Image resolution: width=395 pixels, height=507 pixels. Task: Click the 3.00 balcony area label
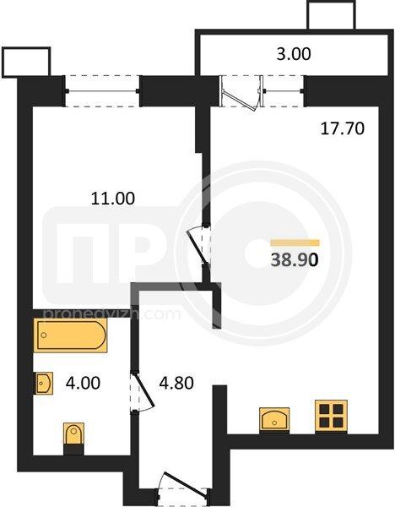pos(294,54)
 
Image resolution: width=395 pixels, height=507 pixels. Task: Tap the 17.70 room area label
pos(343,128)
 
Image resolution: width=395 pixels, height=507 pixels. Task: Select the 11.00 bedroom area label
pos(113,199)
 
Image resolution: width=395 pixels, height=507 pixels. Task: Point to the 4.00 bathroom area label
pos(83,383)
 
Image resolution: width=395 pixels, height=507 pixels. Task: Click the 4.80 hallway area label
pos(176,383)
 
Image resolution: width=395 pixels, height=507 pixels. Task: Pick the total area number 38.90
pos(295,259)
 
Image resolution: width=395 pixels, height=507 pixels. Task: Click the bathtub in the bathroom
pos(70,335)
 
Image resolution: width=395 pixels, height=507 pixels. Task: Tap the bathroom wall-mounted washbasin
pos(44,383)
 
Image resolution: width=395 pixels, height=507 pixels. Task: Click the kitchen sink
pos(274,419)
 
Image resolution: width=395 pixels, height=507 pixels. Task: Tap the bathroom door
pos(142,392)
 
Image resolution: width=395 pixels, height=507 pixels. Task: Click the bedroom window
pos(103,91)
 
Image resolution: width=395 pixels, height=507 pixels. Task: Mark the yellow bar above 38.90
pos(295,243)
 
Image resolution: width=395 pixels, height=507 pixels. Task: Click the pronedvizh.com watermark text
pos(111,314)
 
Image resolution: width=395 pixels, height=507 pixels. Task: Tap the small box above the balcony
pos(332,15)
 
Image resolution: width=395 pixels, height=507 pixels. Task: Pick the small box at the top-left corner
pos(26,63)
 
